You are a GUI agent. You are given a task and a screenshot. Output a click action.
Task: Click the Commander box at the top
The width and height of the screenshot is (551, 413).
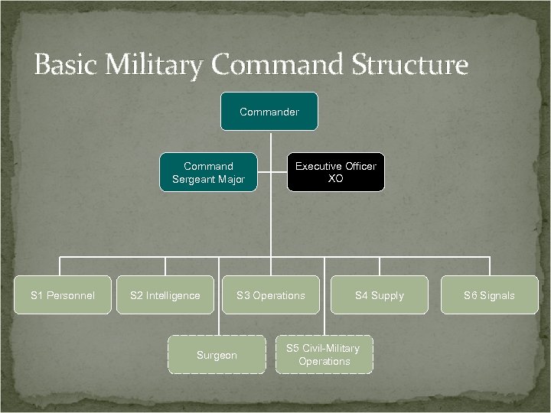[269, 112]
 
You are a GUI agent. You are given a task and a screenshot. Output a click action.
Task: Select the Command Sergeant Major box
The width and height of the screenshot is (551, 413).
[208, 172]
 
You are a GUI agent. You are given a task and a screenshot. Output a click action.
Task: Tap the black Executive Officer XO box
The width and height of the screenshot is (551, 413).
[335, 172]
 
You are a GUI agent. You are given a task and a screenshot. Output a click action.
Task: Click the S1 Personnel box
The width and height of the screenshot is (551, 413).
[63, 295]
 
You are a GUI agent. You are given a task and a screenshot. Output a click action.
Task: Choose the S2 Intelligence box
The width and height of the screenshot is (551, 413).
[165, 295]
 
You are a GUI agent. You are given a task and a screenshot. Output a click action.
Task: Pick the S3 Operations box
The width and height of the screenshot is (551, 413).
[270, 295]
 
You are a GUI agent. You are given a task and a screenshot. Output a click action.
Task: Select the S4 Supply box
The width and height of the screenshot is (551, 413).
[379, 295]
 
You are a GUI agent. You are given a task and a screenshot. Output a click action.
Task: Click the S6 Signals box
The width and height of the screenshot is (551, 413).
[489, 295]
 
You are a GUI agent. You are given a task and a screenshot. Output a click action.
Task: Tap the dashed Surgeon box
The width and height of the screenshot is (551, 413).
[217, 355]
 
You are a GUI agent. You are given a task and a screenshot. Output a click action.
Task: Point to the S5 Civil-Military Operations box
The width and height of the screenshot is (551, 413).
[324, 355]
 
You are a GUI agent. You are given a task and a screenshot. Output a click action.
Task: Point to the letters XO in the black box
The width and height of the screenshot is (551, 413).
[335, 179]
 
